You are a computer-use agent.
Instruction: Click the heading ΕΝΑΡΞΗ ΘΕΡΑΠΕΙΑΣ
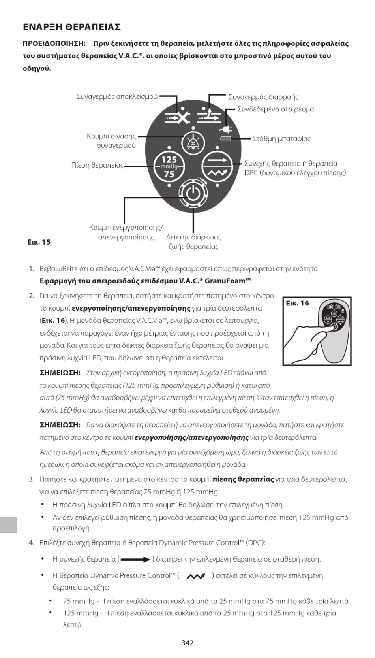(71, 27)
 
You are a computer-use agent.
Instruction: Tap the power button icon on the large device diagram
(193, 193)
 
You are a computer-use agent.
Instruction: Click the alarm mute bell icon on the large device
(193, 142)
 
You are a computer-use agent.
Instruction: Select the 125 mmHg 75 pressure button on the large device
(169, 166)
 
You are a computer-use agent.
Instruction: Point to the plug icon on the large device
(226, 129)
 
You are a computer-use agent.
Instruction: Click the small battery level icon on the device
(225, 139)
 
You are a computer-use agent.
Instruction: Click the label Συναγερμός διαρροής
(263, 97)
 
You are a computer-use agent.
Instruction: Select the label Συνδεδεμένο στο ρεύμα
(276, 109)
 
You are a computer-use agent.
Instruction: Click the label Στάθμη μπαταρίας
(281, 139)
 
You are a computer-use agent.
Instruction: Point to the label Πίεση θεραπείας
(97, 165)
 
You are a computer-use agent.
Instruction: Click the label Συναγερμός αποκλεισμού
(117, 96)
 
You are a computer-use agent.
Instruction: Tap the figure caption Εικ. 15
(39, 242)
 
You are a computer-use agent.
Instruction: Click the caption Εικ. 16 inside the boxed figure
(297, 303)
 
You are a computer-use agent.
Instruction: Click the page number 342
(187, 643)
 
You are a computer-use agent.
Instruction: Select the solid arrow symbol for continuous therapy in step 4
(135, 560)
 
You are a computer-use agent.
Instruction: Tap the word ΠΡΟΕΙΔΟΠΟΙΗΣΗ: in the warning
(54, 43)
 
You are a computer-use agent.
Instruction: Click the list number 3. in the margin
(32, 479)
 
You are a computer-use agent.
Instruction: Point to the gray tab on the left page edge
(8, 524)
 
